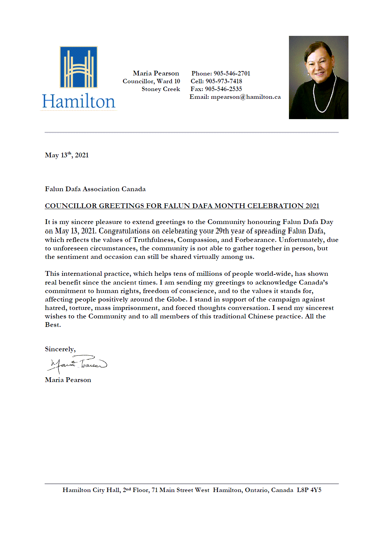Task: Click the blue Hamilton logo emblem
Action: coord(78,67)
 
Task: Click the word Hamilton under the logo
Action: coord(78,102)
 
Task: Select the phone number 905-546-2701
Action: coord(232,73)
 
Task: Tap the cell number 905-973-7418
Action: coord(224,81)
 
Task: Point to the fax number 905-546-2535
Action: coord(223,89)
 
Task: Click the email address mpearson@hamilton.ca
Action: coord(246,97)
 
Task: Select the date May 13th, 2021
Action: coord(67,155)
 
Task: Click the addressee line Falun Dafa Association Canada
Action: coord(95,189)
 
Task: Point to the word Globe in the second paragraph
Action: coord(176,299)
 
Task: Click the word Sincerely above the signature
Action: coord(60,349)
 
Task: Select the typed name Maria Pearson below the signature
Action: coord(68,380)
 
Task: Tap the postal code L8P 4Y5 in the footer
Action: coord(309,490)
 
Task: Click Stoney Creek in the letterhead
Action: coord(161,89)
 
